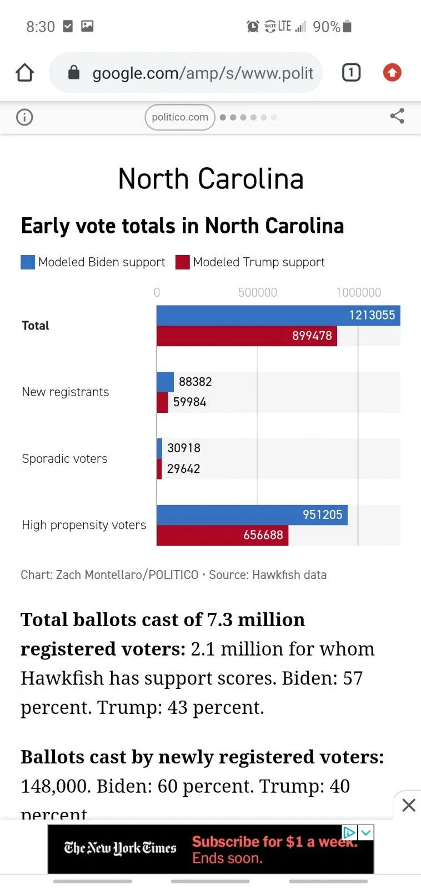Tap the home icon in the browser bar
(25, 73)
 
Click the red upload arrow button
(392, 72)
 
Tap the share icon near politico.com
(397, 116)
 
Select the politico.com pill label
(180, 117)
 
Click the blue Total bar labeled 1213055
(278, 316)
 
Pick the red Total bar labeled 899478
(247, 336)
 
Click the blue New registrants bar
(166, 382)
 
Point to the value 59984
(189, 402)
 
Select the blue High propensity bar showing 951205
(252, 515)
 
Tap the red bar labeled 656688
(222, 535)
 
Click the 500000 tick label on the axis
(258, 293)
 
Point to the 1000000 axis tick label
(359, 293)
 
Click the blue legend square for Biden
(28, 262)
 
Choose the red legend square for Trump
(183, 262)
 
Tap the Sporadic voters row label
(64, 459)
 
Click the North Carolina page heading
(210, 179)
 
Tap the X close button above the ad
(409, 805)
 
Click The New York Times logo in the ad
(120, 848)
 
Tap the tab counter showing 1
(351, 73)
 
